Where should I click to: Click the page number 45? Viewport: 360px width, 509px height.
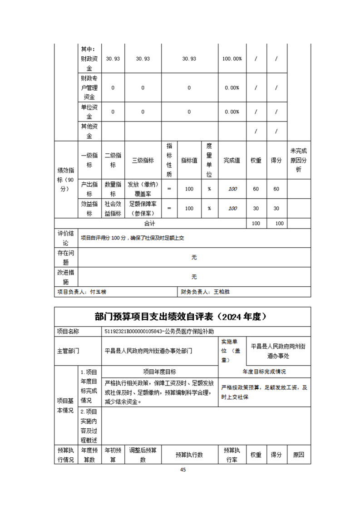183,470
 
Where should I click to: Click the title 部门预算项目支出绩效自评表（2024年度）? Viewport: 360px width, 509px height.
182,317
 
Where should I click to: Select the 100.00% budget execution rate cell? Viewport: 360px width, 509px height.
232,59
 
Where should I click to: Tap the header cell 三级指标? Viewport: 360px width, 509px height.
143,161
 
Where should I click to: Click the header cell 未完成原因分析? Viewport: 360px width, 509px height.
299,160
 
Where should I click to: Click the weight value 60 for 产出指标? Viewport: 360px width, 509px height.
256,189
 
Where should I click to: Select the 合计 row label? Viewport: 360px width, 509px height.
150,224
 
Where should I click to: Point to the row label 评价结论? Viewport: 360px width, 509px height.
66,238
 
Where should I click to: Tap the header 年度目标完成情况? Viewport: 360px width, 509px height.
264,372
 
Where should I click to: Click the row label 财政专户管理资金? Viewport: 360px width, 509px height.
89,88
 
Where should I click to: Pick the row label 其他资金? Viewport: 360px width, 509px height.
89,131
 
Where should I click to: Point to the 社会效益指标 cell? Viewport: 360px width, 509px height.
113,209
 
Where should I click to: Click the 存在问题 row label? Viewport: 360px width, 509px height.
66,257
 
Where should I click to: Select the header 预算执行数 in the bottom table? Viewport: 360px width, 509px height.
189,455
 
